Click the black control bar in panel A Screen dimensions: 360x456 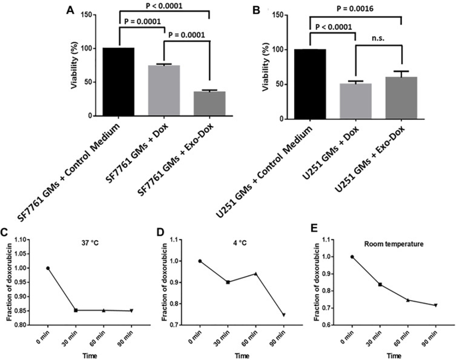pos(119,82)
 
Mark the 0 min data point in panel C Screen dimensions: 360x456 pos(48,268)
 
